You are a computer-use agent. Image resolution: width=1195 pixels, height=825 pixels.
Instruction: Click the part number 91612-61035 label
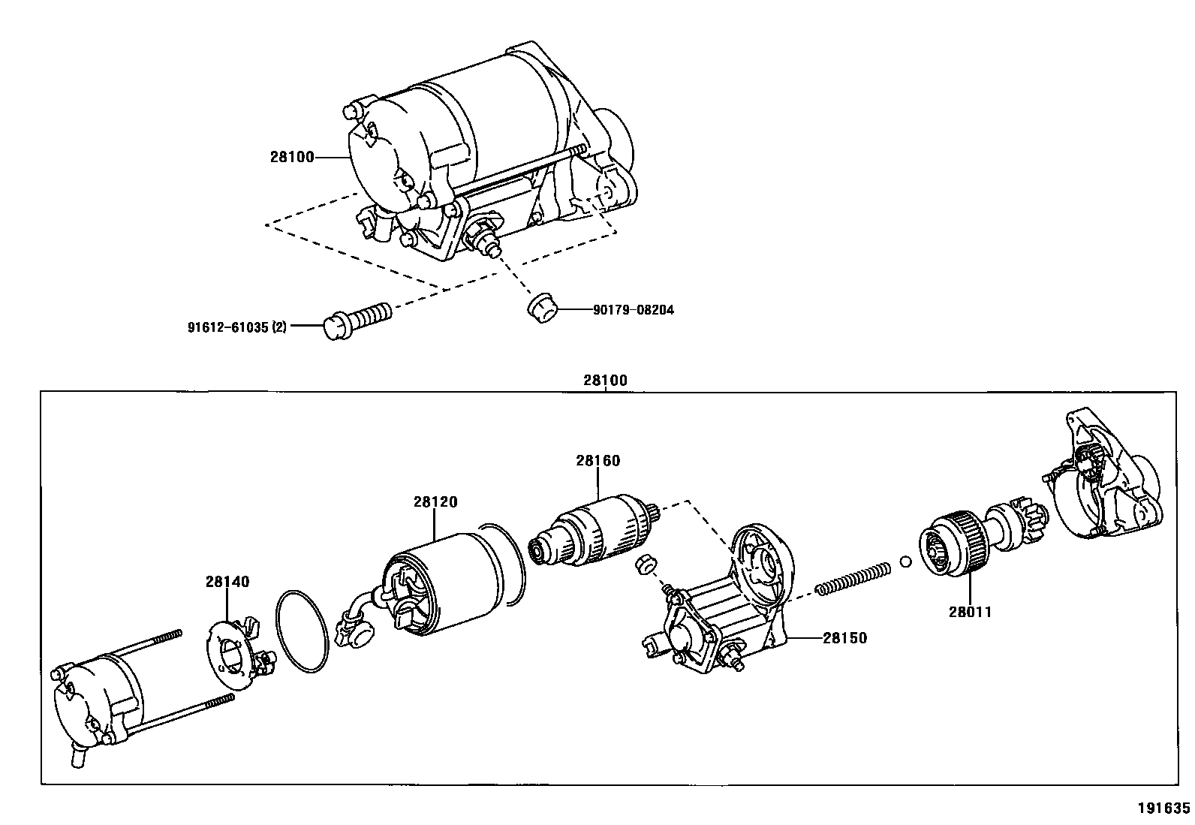coord(236,327)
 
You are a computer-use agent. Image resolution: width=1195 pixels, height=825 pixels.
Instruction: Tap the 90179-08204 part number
coord(633,309)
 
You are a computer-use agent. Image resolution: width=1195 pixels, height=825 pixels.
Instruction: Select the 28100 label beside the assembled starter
coord(292,158)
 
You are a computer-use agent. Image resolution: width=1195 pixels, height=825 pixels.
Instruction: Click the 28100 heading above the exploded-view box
coord(605,381)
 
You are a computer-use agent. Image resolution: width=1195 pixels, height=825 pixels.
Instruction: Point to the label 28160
coord(598,461)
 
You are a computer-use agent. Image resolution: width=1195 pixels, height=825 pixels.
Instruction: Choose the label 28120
coord(435,502)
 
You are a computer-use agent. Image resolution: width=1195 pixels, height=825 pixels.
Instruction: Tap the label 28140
coord(227,582)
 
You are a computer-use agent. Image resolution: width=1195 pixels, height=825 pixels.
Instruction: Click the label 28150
coord(844,638)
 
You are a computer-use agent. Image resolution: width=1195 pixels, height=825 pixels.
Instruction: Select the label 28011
coord(970,612)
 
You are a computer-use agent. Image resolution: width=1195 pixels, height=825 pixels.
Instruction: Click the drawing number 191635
coord(1163,808)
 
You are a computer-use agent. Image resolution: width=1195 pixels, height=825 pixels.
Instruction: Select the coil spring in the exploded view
coord(853,577)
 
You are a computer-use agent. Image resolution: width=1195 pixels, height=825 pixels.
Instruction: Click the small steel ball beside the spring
coord(905,561)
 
